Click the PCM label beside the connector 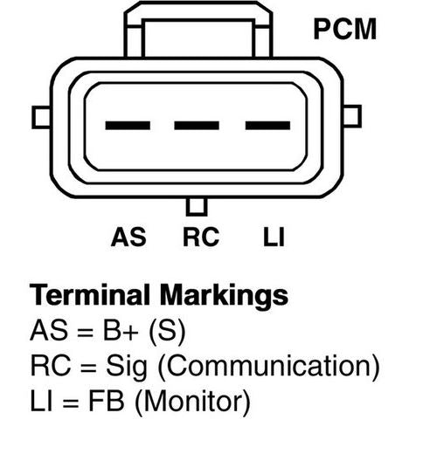(345, 29)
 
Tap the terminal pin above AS (128, 126)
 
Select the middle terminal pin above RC (197, 126)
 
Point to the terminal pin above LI (267, 126)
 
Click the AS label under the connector (128, 237)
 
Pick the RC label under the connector (201, 237)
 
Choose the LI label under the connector (274, 237)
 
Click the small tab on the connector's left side (41, 117)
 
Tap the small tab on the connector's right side (352, 116)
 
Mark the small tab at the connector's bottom (197, 207)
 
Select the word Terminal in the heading (90, 295)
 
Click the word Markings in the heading (224, 296)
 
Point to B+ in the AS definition (121, 330)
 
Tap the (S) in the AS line (167, 332)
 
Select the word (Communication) (268, 367)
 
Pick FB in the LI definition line (107, 401)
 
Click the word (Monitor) (192, 402)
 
